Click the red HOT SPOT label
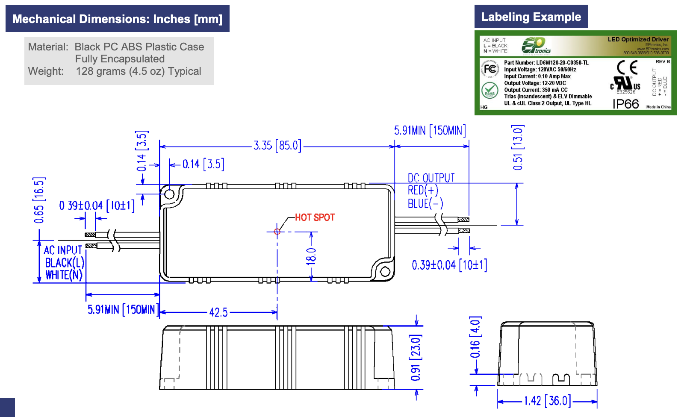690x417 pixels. point(315,217)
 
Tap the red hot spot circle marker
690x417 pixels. point(277,232)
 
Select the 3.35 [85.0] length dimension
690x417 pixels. point(277,146)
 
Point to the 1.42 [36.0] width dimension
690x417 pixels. point(547,401)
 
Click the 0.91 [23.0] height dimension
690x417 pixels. point(416,358)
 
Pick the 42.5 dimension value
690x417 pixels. point(218,312)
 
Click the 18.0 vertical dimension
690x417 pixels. point(311,256)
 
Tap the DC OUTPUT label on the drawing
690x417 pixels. point(431,178)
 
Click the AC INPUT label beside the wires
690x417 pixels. point(63,250)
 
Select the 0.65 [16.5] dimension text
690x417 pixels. point(39,200)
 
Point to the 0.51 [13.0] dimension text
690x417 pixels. point(518,147)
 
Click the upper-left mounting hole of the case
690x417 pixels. point(169,194)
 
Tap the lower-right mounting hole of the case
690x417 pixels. point(384,271)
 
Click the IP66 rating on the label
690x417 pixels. point(625,104)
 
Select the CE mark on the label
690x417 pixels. point(627,68)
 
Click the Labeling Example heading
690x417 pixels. point(531,17)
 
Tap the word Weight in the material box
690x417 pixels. point(46,71)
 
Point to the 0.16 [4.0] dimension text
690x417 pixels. point(475,338)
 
